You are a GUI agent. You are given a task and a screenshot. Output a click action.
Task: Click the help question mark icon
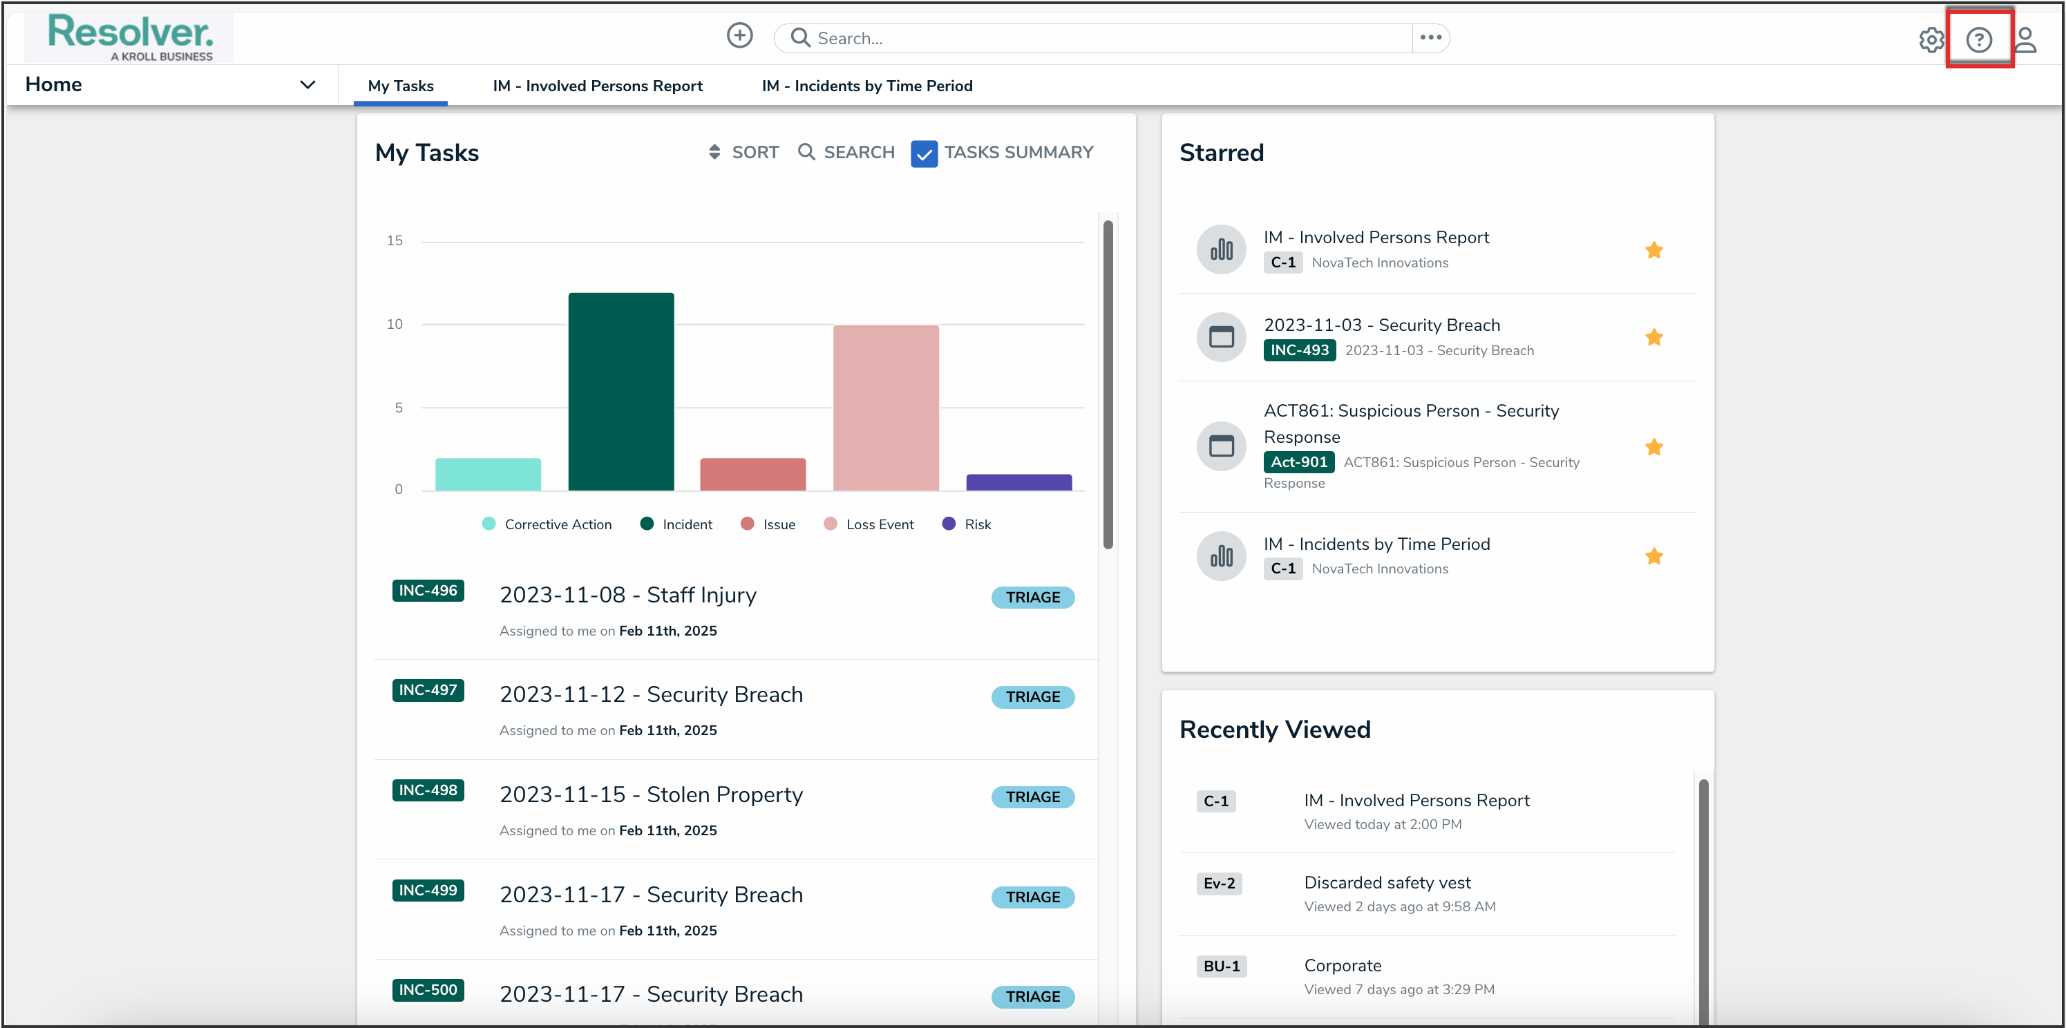click(x=1978, y=39)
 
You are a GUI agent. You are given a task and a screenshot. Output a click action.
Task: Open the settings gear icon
click(x=1931, y=39)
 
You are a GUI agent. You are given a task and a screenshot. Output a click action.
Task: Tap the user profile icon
click(x=2026, y=39)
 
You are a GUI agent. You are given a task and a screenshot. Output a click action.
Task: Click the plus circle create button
click(x=739, y=36)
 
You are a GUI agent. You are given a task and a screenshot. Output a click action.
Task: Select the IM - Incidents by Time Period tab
click(x=866, y=86)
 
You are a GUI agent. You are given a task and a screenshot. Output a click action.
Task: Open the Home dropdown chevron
click(x=307, y=85)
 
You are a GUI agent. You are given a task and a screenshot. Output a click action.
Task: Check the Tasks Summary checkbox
click(x=924, y=153)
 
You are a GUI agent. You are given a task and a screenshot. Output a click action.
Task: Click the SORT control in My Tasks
click(x=744, y=153)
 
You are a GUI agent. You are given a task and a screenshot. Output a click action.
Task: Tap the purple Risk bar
click(x=1018, y=482)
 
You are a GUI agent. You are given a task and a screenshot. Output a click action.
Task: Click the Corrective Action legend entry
click(x=548, y=524)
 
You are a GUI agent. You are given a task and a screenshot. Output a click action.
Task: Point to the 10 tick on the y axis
click(x=395, y=325)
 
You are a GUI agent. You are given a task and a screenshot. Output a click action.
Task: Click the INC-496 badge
click(x=428, y=591)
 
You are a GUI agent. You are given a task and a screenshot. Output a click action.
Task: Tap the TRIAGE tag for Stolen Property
click(x=1032, y=797)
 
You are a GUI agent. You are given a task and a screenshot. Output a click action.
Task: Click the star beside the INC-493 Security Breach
click(x=1653, y=338)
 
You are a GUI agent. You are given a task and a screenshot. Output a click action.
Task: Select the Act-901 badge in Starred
click(x=1298, y=462)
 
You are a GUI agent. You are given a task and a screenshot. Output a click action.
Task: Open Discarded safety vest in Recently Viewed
click(x=1387, y=883)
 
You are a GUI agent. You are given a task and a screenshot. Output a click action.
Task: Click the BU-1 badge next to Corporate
click(x=1221, y=967)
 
